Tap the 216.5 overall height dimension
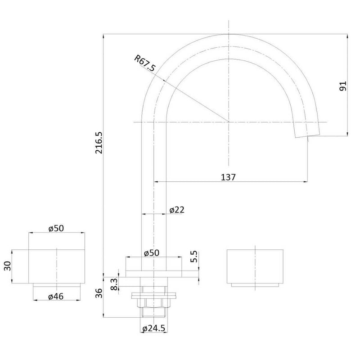click(x=99, y=143)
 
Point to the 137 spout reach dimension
click(x=229, y=177)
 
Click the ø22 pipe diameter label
click(x=177, y=210)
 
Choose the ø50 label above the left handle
click(x=56, y=228)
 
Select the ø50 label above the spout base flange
click(x=152, y=254)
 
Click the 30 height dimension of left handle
click(x=7, y=266)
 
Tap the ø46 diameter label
click(x=56, y=296)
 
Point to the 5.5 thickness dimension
click(x=194, y=257)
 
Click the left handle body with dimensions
click(x=56, y=266)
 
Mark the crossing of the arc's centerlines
click(x=229, y=122)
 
